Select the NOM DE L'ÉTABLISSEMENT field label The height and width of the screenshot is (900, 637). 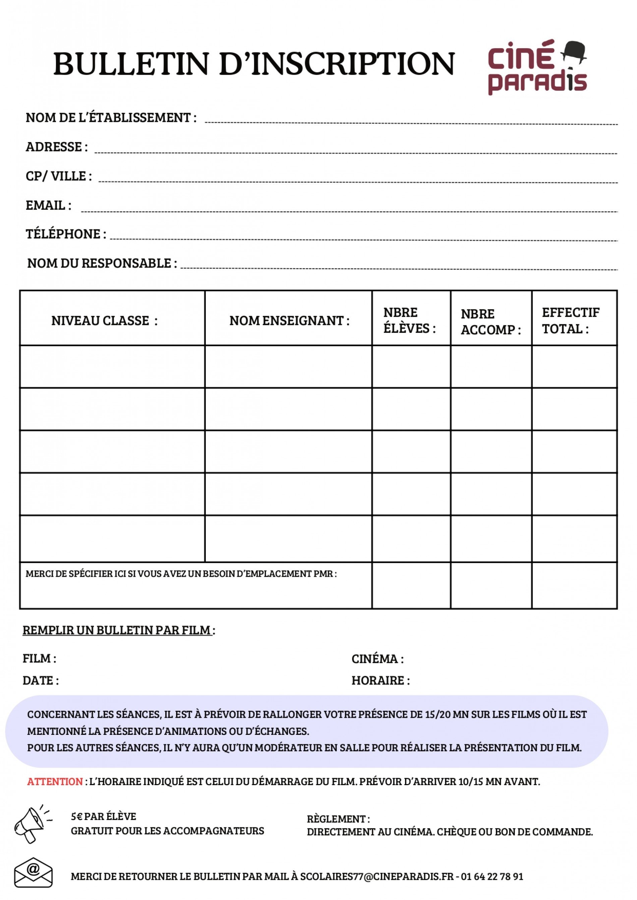111,118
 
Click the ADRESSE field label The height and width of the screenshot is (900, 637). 56,147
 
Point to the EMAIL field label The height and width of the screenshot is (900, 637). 48,205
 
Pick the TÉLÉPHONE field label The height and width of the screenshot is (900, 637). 65,234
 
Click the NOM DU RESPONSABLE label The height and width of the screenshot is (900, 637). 102,263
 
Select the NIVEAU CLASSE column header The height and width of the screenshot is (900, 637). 104,321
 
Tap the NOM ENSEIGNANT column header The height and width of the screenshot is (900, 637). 289,321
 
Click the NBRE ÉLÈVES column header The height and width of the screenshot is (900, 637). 409,320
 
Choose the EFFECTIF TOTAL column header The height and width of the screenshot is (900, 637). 571,320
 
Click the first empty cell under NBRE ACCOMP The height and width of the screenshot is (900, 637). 491,366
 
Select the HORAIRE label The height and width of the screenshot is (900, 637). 380,681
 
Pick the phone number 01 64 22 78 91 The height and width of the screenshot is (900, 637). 492,877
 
